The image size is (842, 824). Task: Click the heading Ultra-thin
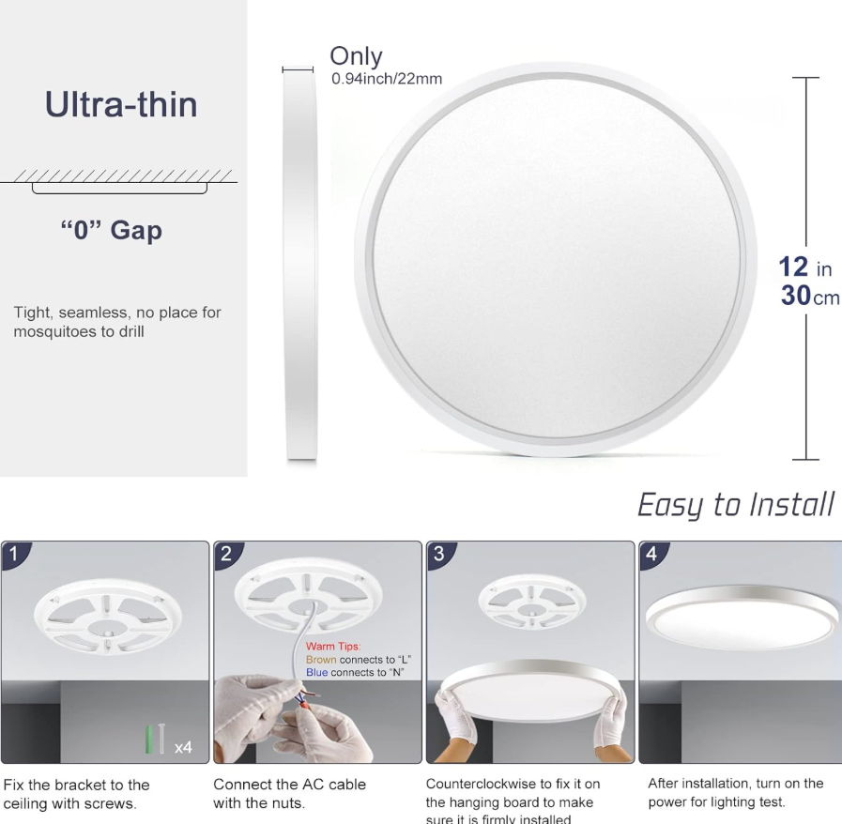[121, 104]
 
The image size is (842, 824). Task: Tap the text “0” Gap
[111, 230]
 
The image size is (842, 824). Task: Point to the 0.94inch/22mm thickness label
[387, 79]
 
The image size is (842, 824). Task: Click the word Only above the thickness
[356, 55]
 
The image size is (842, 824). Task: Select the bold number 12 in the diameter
[793, 267]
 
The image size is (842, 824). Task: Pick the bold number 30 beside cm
[796, 296]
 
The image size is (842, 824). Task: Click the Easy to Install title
[736, 505]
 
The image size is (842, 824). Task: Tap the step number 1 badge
[13, 554]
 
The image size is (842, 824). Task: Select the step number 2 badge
[226, 554]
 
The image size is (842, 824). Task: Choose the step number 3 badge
[438, 554]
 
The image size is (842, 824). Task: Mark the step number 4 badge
[651, 554]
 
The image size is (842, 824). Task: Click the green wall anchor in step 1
[148, 740]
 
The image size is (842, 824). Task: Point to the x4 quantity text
[183, 747]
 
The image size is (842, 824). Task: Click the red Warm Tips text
[333, 647]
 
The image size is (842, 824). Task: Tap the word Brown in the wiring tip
[321, 659]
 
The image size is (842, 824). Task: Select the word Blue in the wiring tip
[317, 672]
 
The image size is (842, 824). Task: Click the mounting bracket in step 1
[107, 617]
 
